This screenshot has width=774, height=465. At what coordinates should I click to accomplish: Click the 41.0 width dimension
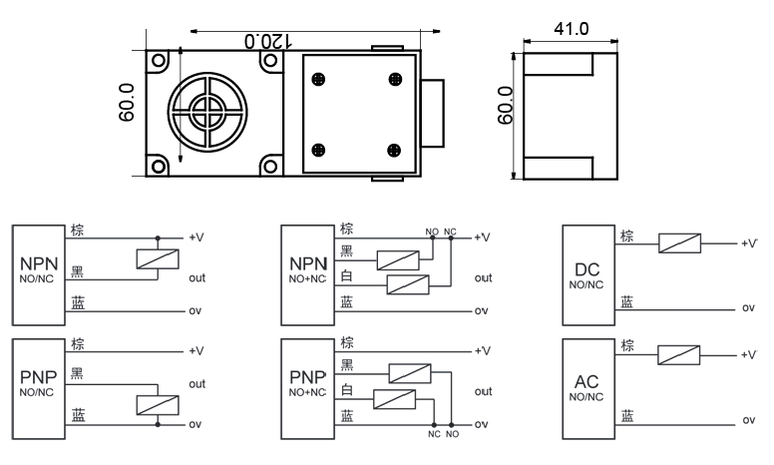[x=571, y=29]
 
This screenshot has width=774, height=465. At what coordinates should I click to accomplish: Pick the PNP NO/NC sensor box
[x=39, y=383]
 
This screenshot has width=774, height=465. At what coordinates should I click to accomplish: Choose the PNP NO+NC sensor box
[x=308, y=383]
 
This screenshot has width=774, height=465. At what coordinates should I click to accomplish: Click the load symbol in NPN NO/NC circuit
[x=157, y=258]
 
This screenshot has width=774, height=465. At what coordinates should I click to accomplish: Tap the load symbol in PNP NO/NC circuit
[x=157, y=406]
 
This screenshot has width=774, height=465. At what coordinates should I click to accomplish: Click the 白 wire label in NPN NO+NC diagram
[x=346, y=280]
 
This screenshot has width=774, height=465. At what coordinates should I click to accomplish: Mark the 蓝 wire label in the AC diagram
[x=626, y=414]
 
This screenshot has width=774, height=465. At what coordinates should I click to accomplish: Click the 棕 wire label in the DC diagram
[x=627, y=235]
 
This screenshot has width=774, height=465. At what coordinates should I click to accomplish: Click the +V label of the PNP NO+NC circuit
[x=485, y=351]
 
